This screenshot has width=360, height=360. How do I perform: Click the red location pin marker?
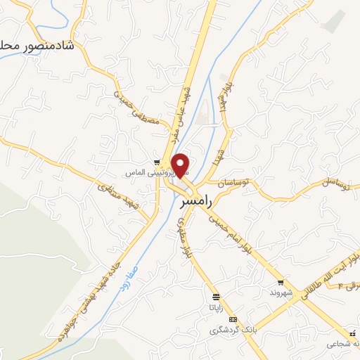pyautogui.click(x=181, y=165)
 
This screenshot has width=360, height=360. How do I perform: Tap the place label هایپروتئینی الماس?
pyautogui.click(x=141, y=172)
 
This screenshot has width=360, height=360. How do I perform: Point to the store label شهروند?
pyautogui.click(x=281, y=292)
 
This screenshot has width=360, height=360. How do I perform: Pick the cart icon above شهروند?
pyautogui.click(x=281, y=281)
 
